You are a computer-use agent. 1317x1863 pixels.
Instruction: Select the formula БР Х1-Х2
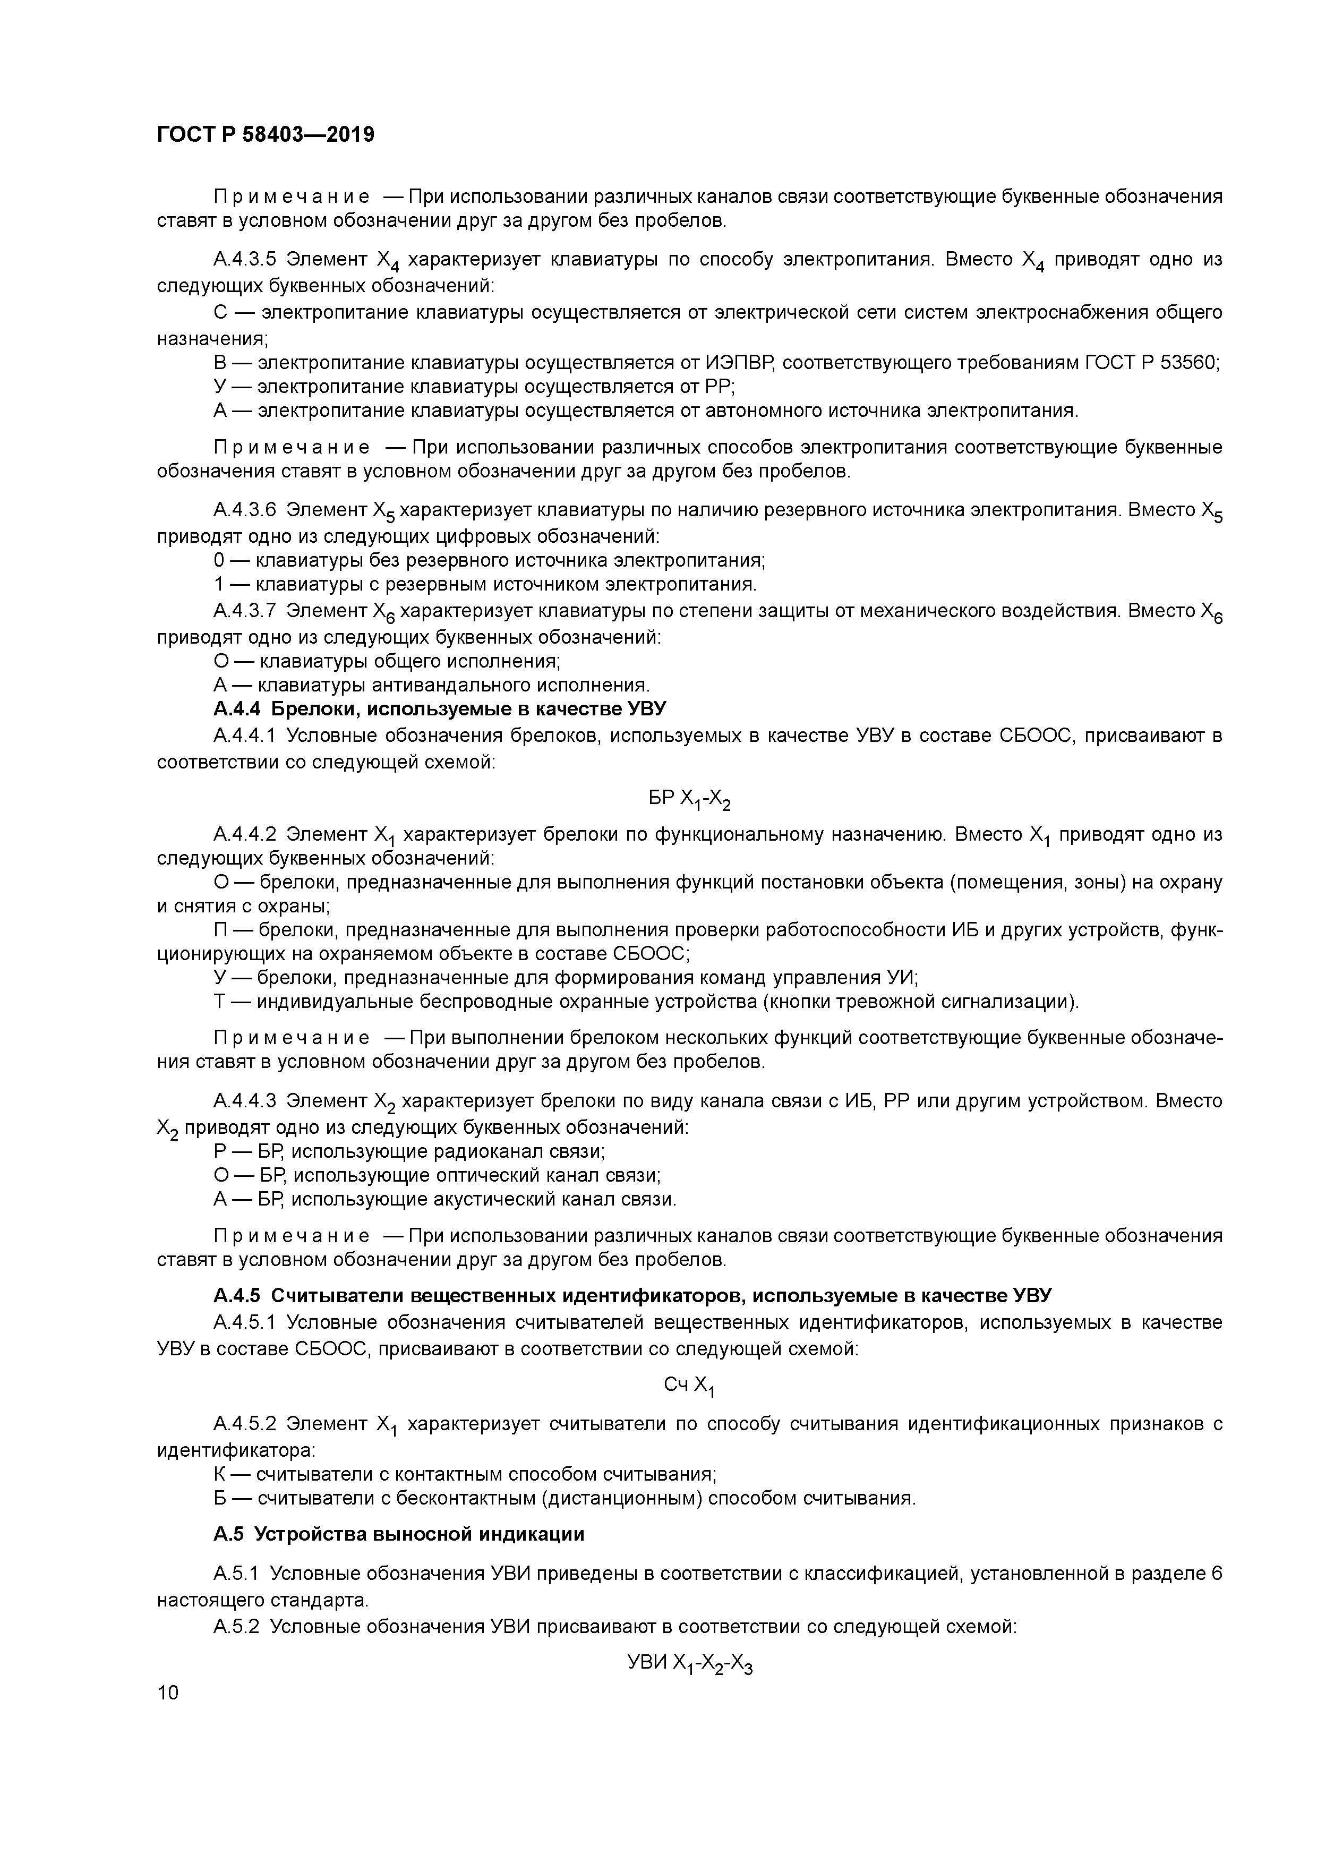(690, 800)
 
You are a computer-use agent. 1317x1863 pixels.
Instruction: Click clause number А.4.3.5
(245, 260)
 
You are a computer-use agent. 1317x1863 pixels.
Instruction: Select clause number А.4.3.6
(245, 510)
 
